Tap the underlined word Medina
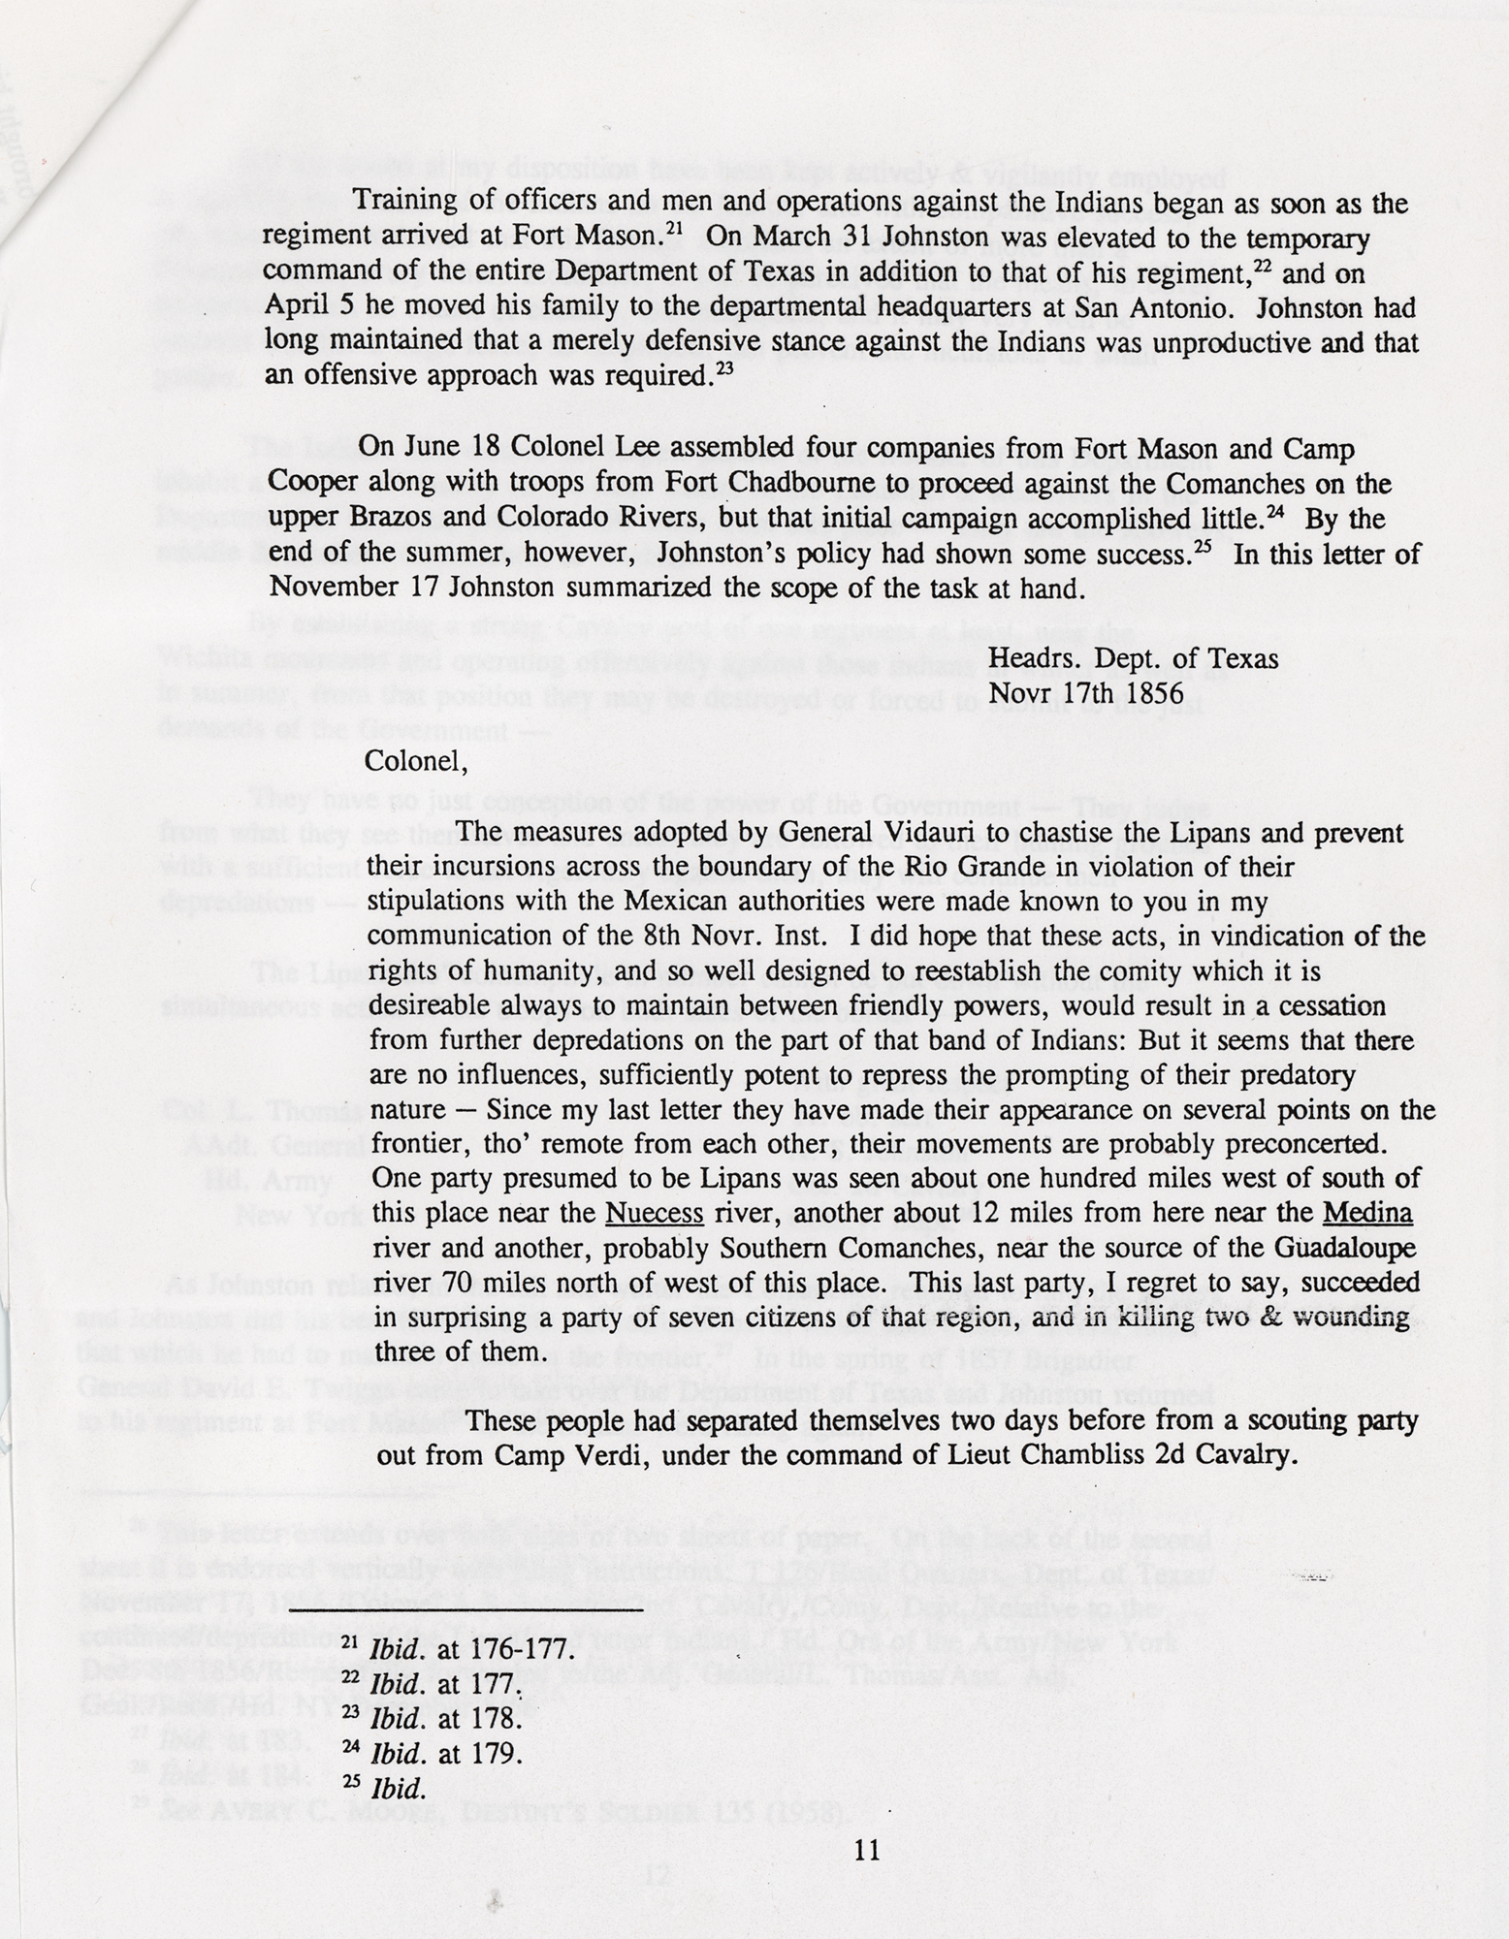coord(1367,1214)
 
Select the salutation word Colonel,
coord(416,760)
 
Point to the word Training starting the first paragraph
coord(405,204)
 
